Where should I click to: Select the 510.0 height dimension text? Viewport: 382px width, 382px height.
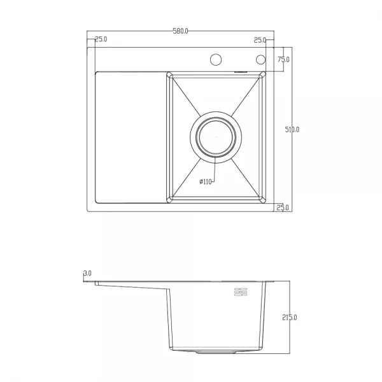click(292, 129)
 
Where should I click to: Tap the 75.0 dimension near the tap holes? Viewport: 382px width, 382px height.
click(283, 59)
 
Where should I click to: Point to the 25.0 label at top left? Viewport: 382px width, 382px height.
click(101, 39)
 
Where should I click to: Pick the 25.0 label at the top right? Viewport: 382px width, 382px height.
click(260, 39)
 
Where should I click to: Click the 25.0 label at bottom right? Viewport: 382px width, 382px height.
click(283, 208)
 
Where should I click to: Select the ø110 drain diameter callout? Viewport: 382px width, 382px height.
click(205, 182)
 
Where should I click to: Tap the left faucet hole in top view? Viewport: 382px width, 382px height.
click(215, 60)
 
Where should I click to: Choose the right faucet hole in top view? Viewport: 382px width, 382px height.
click(260, 60)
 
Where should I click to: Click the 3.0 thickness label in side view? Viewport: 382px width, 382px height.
click(87, 273)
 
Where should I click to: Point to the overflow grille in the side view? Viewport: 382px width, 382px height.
click(241, 292)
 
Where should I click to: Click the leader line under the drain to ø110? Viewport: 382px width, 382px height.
click(215, 171)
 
